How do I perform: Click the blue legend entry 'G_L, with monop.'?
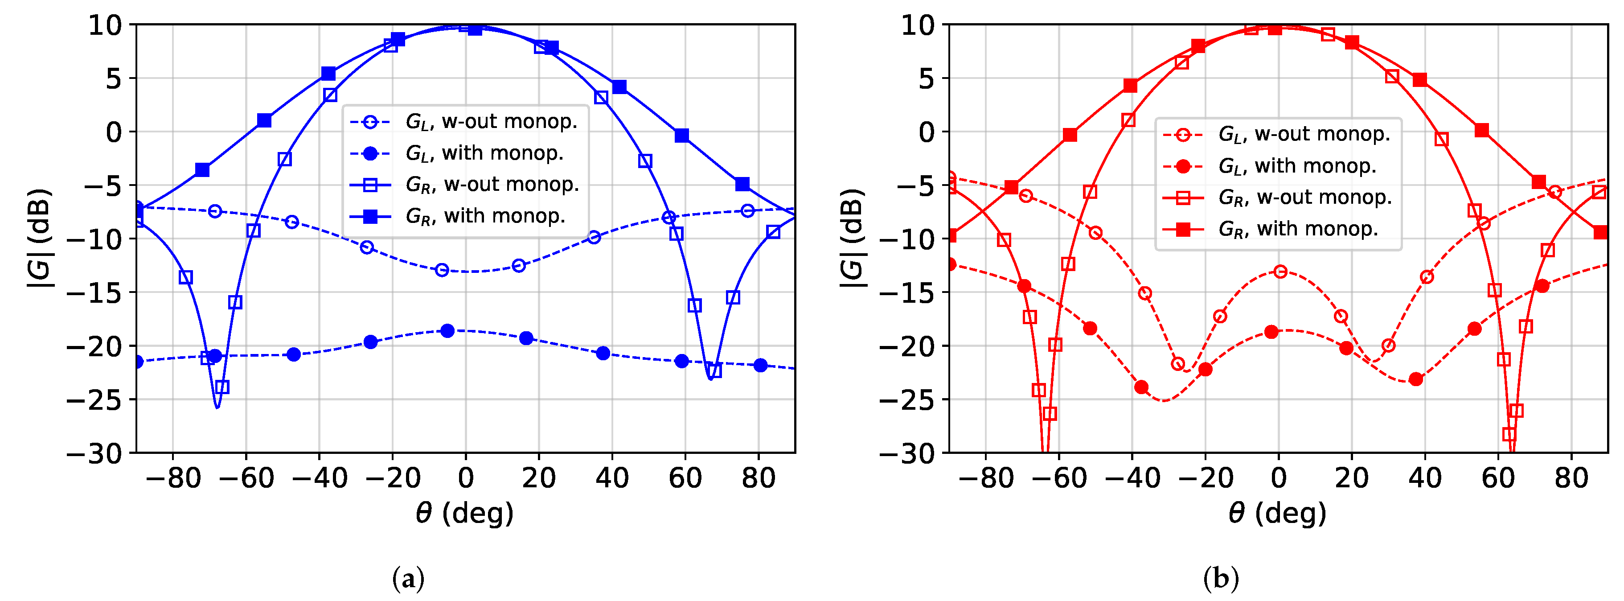click(x=484, y=153)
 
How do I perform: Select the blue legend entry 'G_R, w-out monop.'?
click(x=492, y=185)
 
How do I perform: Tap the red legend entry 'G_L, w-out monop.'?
click(x=1304, y=134)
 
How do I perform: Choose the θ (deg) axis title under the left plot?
click(x=465, y=513)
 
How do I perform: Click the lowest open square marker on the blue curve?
click(x=222, y=387)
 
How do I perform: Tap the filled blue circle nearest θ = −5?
click(x=447, y=330)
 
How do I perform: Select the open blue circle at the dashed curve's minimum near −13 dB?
click(x=442, y=270)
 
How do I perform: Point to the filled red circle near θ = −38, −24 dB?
click(x=1141, y=387)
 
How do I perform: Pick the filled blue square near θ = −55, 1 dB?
click(x=265, y=120)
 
